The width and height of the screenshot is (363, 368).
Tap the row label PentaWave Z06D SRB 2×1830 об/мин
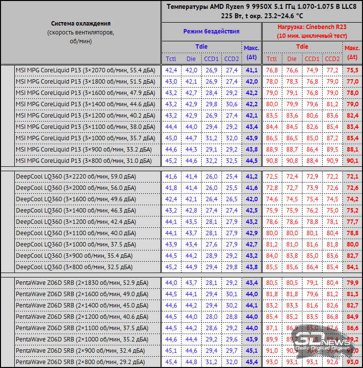[x=81, y=282]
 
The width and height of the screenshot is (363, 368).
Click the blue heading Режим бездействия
[x=211, y=31]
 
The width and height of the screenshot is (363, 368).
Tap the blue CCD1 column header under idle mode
[x=211, y=59]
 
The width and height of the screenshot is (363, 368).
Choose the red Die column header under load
[x=292, y=59]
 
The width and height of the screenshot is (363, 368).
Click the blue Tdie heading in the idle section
[x=201, y=47]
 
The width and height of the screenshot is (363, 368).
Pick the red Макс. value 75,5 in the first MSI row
[x=352, y=70]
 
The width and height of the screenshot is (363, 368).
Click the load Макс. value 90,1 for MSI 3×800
[x=352, y=161]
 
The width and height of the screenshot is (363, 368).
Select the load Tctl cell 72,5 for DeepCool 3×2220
[x=272, y=176]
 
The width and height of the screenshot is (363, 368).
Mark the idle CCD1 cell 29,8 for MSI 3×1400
[x=211, y=104]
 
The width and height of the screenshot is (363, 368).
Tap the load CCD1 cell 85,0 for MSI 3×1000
[x=312, y=138]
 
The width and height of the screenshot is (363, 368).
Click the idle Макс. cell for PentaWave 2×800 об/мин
[x=251, y=362]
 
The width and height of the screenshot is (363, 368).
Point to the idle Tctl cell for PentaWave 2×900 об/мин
[x=171, y=350]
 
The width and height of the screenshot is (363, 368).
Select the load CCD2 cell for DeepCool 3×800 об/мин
[x=332, y=267]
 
